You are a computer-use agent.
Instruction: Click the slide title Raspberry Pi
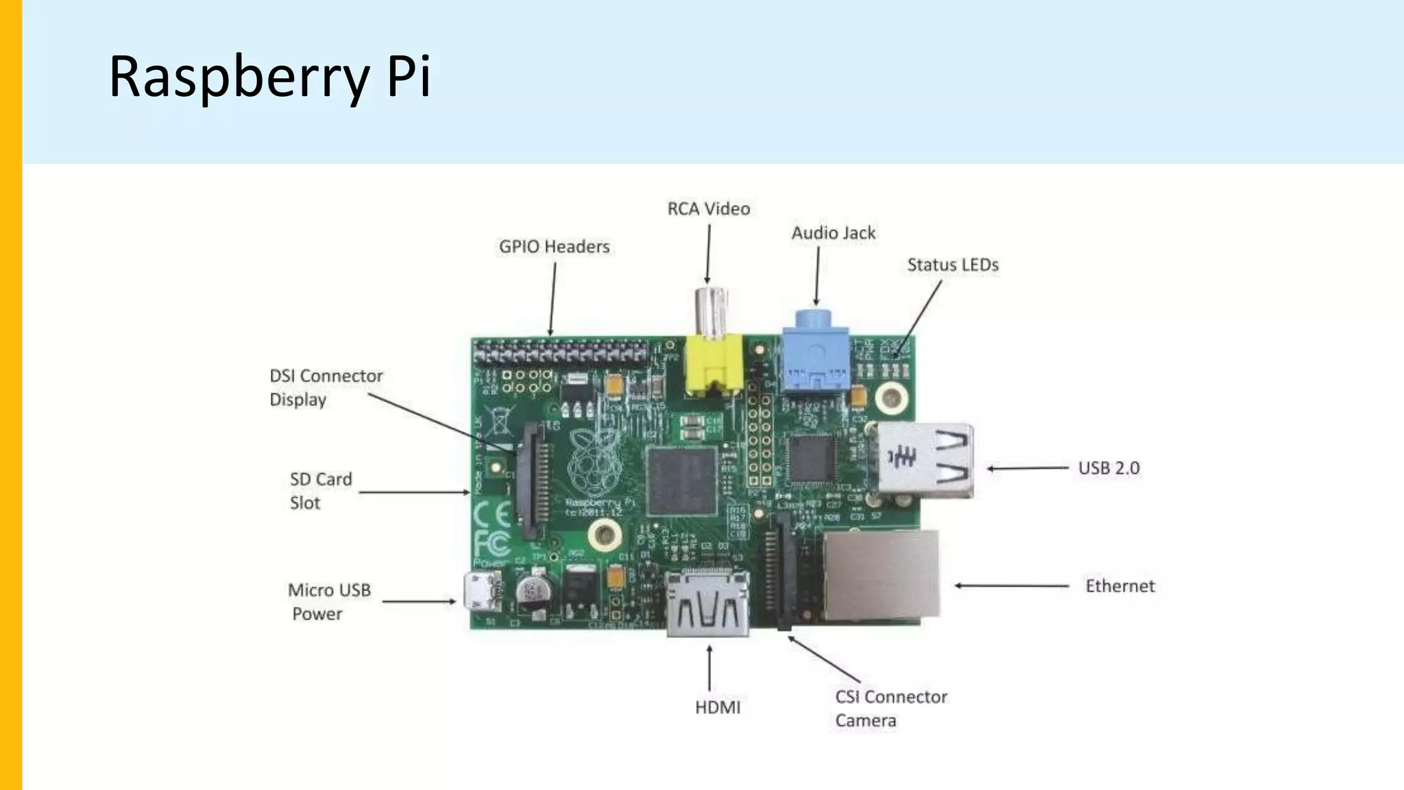(269, 77)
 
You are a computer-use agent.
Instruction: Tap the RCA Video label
(708, 208)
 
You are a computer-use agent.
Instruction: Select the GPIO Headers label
(554, 247)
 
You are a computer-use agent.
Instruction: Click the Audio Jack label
(833, 233)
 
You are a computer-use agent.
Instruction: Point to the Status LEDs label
(952, 265)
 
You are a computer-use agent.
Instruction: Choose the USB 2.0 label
(1109, 468)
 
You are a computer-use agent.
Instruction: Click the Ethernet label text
(1119, 586)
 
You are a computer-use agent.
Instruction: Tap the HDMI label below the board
(717, 708)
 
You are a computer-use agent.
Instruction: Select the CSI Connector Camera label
(890, 708)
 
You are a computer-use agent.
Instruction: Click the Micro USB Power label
(328, 601)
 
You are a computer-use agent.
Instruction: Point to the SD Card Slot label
(320, 490)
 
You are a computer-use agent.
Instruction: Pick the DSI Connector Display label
(325, 387)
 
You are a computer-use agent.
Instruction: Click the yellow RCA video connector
(713, 363)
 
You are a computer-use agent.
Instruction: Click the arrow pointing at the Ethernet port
(1011, 586)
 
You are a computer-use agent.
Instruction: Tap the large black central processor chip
(682, 480)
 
